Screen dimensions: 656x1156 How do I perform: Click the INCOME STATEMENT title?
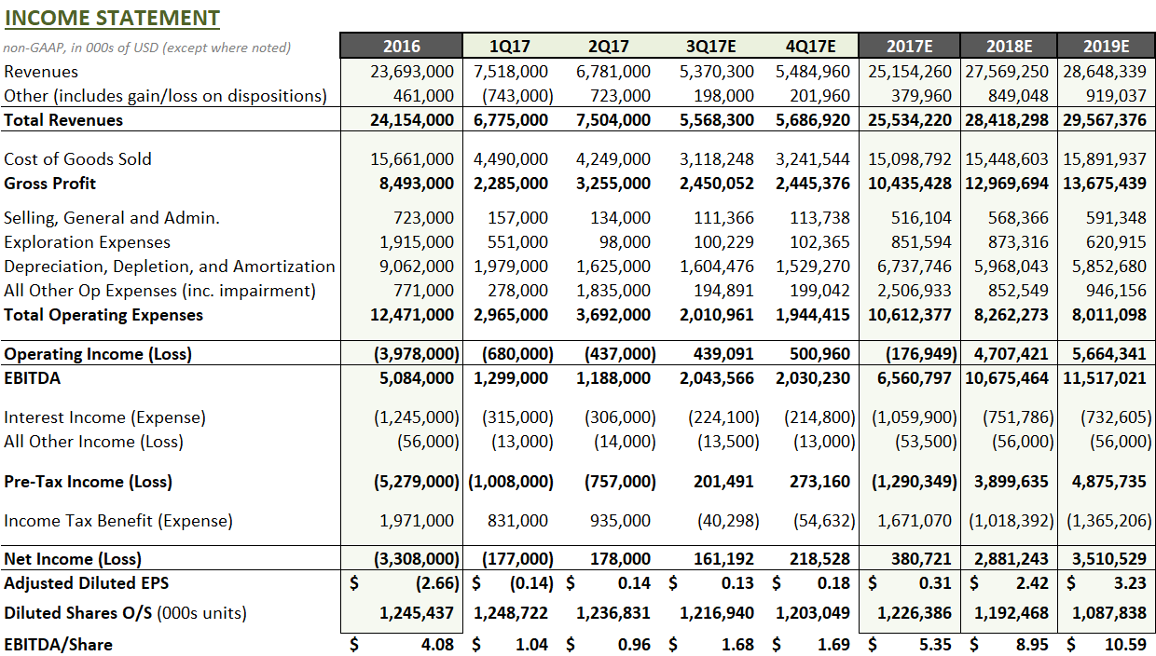tap(112, 18)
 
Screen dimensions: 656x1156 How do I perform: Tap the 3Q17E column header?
tap(711, 47)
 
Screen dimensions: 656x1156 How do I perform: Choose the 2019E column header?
tap(1106, 47)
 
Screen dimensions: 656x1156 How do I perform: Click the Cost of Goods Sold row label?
tap(77, 158)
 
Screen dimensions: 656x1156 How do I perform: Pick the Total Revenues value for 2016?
tap(412, 119)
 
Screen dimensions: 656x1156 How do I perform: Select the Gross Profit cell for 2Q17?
tap(613, 183)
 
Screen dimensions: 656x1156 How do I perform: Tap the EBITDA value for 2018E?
tap(1007, 378)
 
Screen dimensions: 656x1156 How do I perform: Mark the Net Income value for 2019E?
tap(1108, 559)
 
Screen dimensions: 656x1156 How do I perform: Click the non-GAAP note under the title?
tap(147, 48)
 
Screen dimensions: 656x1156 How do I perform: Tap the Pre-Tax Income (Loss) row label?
tap(88, 482)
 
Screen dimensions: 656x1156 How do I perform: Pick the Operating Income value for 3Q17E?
tap(723, 354)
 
